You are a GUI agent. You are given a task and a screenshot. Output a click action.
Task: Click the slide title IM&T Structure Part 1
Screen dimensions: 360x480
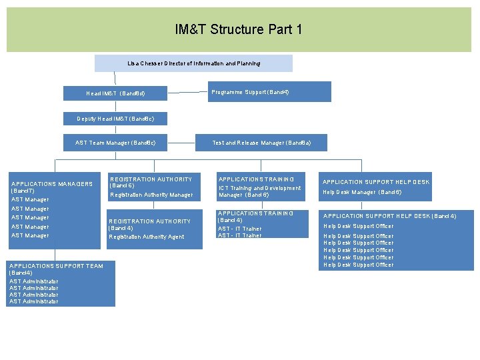(x=239, y=30)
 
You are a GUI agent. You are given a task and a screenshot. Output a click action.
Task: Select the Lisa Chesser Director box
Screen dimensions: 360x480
(x=193, y=63)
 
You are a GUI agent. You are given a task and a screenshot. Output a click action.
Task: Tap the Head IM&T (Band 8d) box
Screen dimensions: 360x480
(x=115, y=93)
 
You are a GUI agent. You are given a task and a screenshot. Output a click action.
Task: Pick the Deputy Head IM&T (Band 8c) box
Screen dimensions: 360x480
(x=115, y=119)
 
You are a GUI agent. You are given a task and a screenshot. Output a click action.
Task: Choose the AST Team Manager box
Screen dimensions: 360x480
(x=115, y=143)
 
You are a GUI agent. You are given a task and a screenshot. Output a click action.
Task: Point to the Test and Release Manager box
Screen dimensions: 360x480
(x=261, y=143)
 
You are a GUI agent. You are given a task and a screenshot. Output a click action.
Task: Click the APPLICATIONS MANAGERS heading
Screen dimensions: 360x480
(x=51, y=184)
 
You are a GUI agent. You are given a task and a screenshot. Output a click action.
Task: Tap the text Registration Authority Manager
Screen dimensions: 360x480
(x=151, y=195)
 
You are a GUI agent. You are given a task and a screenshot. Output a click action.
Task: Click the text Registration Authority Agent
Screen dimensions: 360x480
(x=146, y=237)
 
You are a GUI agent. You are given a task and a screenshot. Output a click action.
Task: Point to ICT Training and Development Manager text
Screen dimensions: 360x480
(x=259, y=191)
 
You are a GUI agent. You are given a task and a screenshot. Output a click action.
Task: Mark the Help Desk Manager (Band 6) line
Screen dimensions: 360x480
(x=362, y=193)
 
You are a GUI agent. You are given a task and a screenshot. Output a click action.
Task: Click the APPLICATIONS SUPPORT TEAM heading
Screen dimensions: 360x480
(x=56, y=266)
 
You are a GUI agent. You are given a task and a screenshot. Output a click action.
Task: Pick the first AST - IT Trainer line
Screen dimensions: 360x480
(x=239, y=229)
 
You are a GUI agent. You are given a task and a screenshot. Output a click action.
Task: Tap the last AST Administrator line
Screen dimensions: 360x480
(x=33, y=302)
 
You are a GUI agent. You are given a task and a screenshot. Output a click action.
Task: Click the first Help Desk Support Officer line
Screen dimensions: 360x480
(x=358, y=226)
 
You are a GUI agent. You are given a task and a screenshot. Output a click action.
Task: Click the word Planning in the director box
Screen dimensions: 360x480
(x=247, y=63)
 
